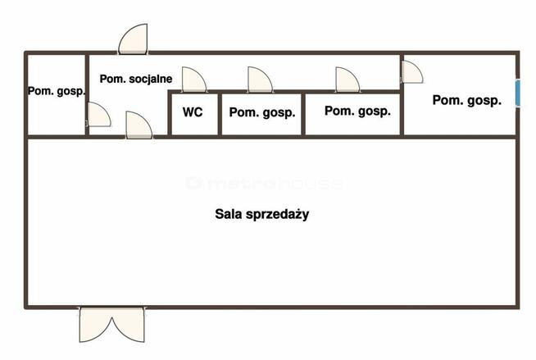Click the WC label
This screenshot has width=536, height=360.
tap(193, 112)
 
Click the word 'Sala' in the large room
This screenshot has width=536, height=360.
tap(229, 214)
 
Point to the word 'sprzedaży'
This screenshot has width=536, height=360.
tap(277, 215)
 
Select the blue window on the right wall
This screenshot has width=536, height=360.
tap(518, 93)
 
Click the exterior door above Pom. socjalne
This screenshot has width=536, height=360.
tap(133, 39)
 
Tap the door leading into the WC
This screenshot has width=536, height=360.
tap(193, 80)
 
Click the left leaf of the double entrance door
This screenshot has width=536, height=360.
tap(96, 325)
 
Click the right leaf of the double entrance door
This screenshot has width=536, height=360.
tap(129, 325)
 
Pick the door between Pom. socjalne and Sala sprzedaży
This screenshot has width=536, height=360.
tap(139, 125)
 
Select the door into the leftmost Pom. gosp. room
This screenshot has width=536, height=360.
tap(99, 115)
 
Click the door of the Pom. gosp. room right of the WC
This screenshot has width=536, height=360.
tap(260, 80)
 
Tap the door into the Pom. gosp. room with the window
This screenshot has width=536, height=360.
tap(412, 72)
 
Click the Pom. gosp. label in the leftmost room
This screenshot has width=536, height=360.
tap(57, 91)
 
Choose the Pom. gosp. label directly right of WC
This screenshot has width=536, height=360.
tap(262, 112)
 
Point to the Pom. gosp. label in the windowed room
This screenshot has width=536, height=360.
tap(467, 100)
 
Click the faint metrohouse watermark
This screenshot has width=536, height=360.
tap(265, 183)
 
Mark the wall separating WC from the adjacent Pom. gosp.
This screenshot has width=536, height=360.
tap(220, 114)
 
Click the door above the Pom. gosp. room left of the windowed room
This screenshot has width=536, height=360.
tap(347, 80)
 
